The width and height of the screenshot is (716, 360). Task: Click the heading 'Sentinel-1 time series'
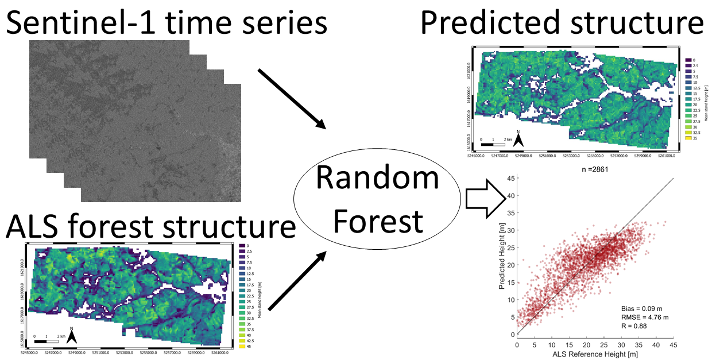tap(167, 24)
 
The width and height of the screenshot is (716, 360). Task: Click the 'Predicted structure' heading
tap(562, 24)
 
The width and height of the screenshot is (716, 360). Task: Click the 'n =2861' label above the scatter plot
tap(594, 169)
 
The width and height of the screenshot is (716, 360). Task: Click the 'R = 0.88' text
tap(636, 326)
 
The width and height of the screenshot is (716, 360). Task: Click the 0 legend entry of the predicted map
tap(690, 60)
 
